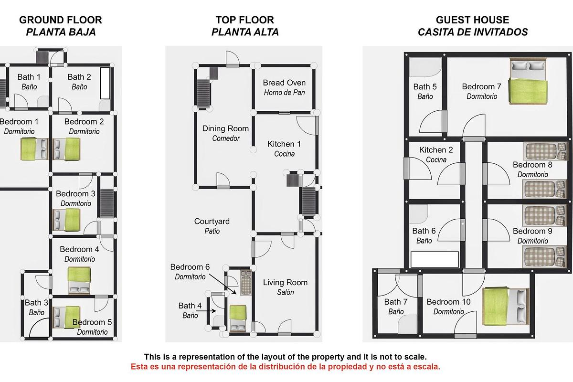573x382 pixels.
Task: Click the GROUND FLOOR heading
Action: click(x=60, y=20)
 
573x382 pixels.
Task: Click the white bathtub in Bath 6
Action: click(x=435, y=259)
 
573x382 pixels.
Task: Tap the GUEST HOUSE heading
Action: click(x=472, y=20)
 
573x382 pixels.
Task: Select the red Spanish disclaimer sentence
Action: click(x=286, y=367)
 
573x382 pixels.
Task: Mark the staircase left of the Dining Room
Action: click(x=203, y=94)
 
